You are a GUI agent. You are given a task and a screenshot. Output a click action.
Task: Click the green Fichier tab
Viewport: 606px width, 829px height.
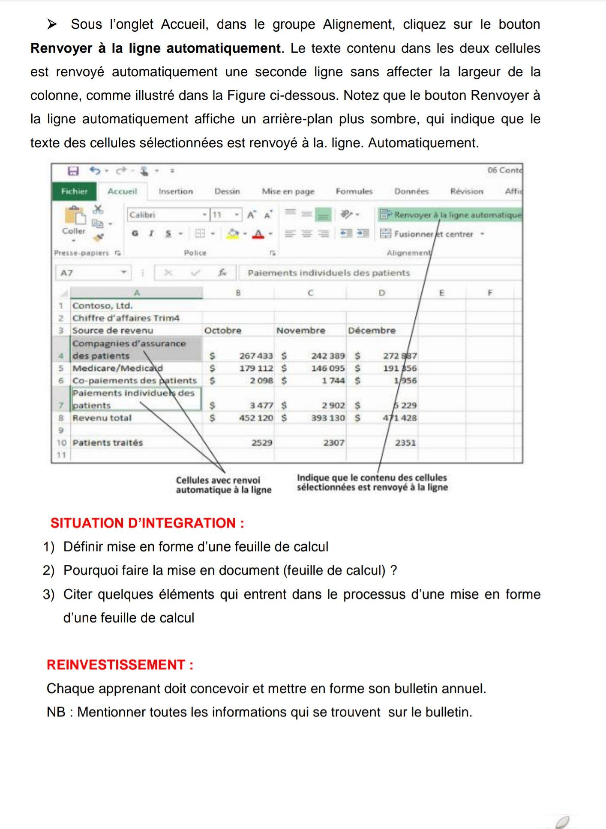click(x=74, y=191)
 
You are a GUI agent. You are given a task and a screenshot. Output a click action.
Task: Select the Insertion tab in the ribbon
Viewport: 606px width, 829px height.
click(x=176, y=191)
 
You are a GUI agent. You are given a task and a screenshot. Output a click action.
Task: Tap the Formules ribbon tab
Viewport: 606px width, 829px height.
click(x=354, y=191)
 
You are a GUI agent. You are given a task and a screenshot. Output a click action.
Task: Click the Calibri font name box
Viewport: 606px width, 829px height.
click(x=165, y=215)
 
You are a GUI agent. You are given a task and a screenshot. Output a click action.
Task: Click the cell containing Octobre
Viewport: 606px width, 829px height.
click(x=223, y=331)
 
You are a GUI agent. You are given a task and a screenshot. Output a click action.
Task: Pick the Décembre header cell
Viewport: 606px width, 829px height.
click(x=372, y=331)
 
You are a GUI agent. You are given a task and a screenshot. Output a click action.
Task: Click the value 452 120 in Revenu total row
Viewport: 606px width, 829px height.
click(x=256, y=418)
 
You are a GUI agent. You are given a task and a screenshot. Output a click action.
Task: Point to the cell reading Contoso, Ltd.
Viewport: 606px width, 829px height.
click(x=102, y=306)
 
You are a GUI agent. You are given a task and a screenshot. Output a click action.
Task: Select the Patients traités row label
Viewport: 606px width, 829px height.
click(x=108, y=443)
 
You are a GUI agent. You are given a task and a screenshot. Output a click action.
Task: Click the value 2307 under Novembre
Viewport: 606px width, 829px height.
click(x=334, y=443)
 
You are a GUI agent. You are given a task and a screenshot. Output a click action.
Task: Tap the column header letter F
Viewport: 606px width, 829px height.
click(x=490, y=293)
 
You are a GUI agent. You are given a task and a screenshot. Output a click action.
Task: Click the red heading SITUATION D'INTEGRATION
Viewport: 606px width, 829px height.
click(x=147, y=523)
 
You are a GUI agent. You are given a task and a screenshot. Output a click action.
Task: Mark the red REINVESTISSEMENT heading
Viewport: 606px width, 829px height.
click(x=120, y=665)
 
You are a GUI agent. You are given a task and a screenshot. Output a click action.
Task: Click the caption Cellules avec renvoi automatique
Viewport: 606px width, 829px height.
click(x=223, y=485)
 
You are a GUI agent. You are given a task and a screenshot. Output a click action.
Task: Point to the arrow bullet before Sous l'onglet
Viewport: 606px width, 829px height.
click(x=52, y=24)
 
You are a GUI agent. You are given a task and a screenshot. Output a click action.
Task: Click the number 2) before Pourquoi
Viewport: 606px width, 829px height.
click(x=48, y=570)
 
